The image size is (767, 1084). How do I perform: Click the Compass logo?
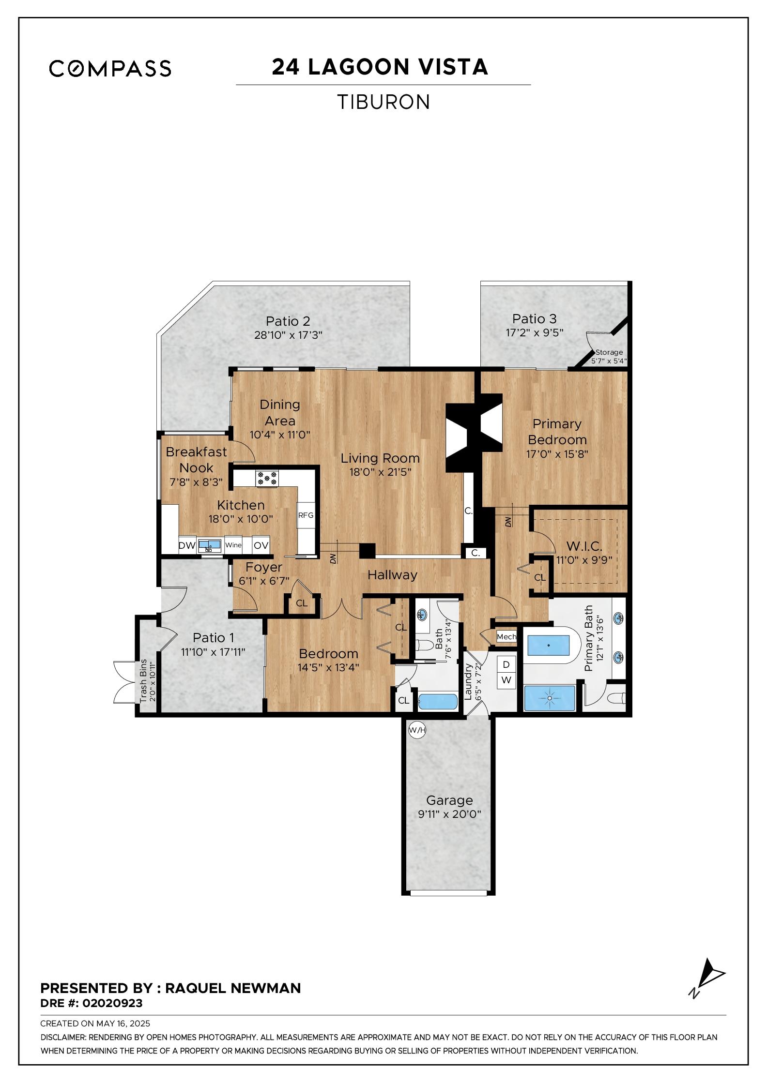point(110,68)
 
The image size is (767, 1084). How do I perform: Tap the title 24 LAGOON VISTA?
point(380,67)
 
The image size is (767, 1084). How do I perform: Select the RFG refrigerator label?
point(306,515)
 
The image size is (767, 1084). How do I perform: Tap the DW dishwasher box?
point(187,545)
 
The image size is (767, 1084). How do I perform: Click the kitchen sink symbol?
point(209,545)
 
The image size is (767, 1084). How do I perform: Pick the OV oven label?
point(261,545)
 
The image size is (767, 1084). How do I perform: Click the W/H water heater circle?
point(417,730)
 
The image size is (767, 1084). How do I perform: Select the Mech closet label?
point(506,637)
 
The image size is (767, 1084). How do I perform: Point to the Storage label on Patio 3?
point(609,352)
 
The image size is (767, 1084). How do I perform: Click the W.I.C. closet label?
point(584,546)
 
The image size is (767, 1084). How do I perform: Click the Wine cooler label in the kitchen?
point(233,545)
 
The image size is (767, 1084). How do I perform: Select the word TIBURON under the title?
point(383,102)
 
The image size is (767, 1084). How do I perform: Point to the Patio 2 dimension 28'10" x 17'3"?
point(288,335)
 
